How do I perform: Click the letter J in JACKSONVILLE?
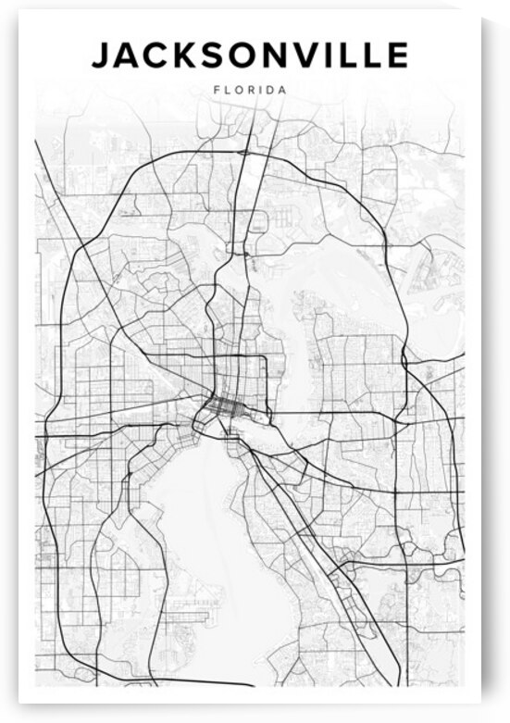(x=101, y=56)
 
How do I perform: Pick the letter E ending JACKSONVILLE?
(x=396, y=56)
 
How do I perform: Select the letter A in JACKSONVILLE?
(x=127, y=56)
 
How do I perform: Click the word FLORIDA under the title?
(x=249, y=91)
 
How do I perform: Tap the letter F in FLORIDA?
(x=216, y=91)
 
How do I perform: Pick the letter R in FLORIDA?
(x=247, y=91)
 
